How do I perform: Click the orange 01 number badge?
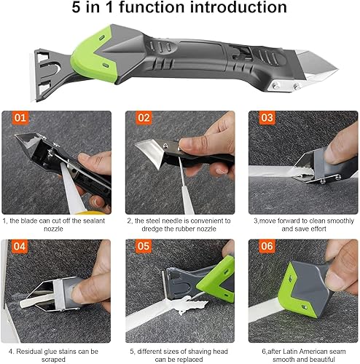tap(20, 118)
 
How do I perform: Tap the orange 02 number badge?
tap(144, 118)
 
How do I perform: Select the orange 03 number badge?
tap(267, 118)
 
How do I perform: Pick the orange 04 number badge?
tap(20, 246)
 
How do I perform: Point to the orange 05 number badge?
tap(144, 246)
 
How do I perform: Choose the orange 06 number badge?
tap(267, 246)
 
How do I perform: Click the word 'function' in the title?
tap(152, 7)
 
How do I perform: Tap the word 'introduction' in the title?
tap(238, 7)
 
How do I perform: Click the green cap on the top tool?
tap(93, 56)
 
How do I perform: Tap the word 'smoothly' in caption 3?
tap(340, 221)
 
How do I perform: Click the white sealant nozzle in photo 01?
tap(71, 189)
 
